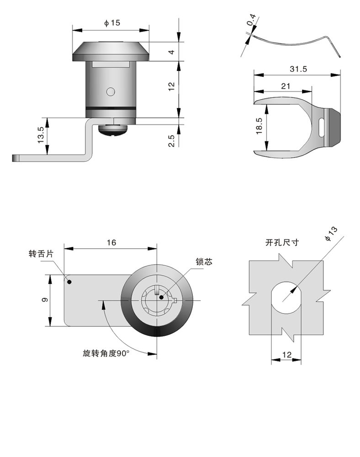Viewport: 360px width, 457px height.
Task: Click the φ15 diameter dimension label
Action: point(111,23)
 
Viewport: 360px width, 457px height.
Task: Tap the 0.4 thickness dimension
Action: point(250,22)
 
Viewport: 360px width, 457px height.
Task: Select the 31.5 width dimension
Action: point(297,69)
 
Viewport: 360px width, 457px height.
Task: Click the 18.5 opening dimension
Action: point(259,126)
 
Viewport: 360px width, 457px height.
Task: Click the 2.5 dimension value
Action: point(171,140)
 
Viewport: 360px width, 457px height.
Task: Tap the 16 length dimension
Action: point(111,243)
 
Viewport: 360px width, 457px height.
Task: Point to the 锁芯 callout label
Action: point(204,262)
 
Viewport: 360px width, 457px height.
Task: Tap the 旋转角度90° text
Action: point(106,353)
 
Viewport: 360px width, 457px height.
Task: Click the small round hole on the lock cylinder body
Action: point(110,92)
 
